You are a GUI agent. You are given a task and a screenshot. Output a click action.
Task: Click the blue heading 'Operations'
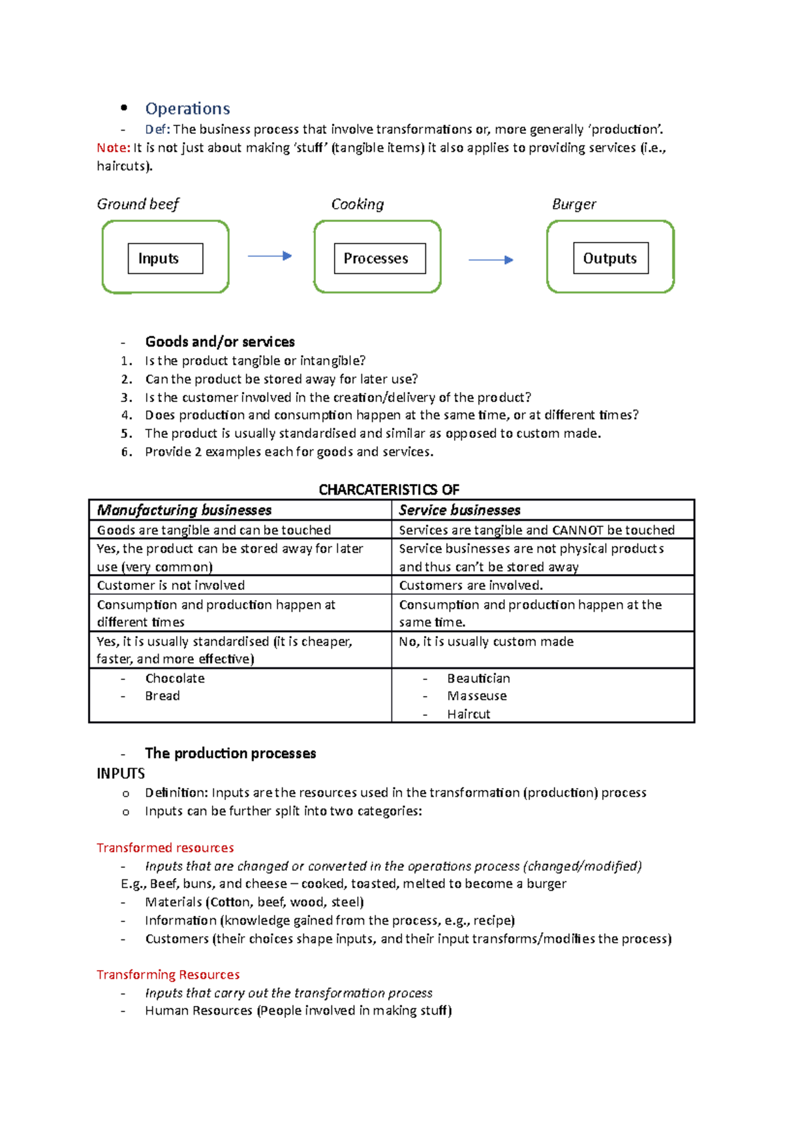pyautogui.click(x=187, y=109)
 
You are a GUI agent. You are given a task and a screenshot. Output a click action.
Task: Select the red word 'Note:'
pyautogui.click(x=113, y=148)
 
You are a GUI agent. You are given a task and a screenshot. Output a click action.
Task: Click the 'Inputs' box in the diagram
pyautogui.click(x=165, y=259)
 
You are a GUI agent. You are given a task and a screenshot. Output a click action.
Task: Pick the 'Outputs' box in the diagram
pyautogui.click(x=611, y=259)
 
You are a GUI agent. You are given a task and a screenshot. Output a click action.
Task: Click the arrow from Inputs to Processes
pyautogui.click(x=269, y=256)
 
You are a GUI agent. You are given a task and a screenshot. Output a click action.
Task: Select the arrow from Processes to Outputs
pyautogui.click(x=491, y=260)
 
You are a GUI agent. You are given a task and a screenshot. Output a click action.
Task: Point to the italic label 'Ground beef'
pyautogui.click(x=138, y=204)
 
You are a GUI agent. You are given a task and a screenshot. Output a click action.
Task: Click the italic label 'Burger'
pyautogui.click(x=573, y=204)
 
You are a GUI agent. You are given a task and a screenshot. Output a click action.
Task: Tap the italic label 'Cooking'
pyautogui.click(x=357, y=204)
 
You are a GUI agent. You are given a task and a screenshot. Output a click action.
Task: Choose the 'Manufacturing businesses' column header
pyautogui.click(x=184, y=510)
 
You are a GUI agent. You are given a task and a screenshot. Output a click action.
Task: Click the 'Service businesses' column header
pyautogui.click(x=459, y=510)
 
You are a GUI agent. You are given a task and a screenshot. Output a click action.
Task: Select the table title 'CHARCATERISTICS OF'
pyautogui.click(x=389, y=490)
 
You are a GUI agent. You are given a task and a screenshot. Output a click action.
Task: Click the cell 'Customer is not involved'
pyautogui.click(x=171, y=585)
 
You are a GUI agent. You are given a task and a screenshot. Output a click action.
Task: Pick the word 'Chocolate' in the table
pyautogui.click(x=175, y=678)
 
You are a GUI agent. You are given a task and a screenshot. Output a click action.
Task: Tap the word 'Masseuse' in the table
pyautogui.click(x=477, y=696)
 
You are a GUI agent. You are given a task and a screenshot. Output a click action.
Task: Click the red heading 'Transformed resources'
pyautogui.click(x=165, y=847)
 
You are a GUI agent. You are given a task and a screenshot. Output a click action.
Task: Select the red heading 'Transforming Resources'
pyautogui.click(x=168, y=975)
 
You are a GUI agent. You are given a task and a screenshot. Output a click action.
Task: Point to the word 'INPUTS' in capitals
pyautogui.click(x=121, y=773)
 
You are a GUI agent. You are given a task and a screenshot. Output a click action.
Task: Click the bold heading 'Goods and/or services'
pyautogui.click(x=220, y=342)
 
